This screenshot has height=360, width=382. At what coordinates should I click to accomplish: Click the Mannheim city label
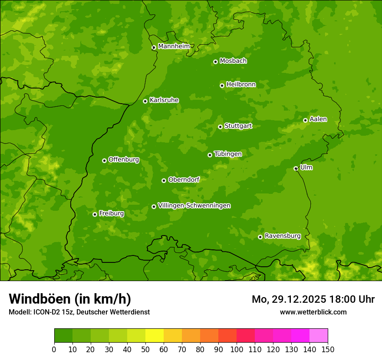click(174, 46)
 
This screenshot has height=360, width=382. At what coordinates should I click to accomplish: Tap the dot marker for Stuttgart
click(220, 127)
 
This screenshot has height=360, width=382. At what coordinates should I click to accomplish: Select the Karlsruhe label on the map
click(164, 100)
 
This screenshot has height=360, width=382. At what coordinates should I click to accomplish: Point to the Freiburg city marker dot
click(95, 214)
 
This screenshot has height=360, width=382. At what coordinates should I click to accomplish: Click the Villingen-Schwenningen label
click(194, 206)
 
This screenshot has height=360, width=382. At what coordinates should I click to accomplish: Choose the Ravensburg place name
click(282, 236)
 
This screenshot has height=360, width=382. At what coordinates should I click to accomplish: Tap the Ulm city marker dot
click(296, 168)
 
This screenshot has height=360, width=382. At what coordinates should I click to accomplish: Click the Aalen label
click(318, 119)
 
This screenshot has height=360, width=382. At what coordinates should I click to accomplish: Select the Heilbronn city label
click(241, 85)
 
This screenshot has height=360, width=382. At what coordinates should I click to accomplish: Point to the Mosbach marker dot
click(215, 62)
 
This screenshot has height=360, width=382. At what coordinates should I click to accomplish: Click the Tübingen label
click(227, 154)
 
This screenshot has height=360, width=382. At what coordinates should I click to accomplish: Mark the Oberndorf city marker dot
click(164, 180)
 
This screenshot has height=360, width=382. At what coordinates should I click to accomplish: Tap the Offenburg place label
click(124, 160)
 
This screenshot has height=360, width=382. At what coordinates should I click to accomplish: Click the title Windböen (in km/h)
click(70, 299)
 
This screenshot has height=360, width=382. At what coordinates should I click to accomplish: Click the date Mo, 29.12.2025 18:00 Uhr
click(313, 299)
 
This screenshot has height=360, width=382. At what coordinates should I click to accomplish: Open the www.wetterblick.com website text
click(313, 312)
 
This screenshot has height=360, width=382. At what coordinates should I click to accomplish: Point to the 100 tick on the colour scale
click(237, 349)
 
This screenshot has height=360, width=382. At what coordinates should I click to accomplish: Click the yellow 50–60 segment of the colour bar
click(155, 336)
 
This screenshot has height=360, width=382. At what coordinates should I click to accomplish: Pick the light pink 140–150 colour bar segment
click(319, 336)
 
